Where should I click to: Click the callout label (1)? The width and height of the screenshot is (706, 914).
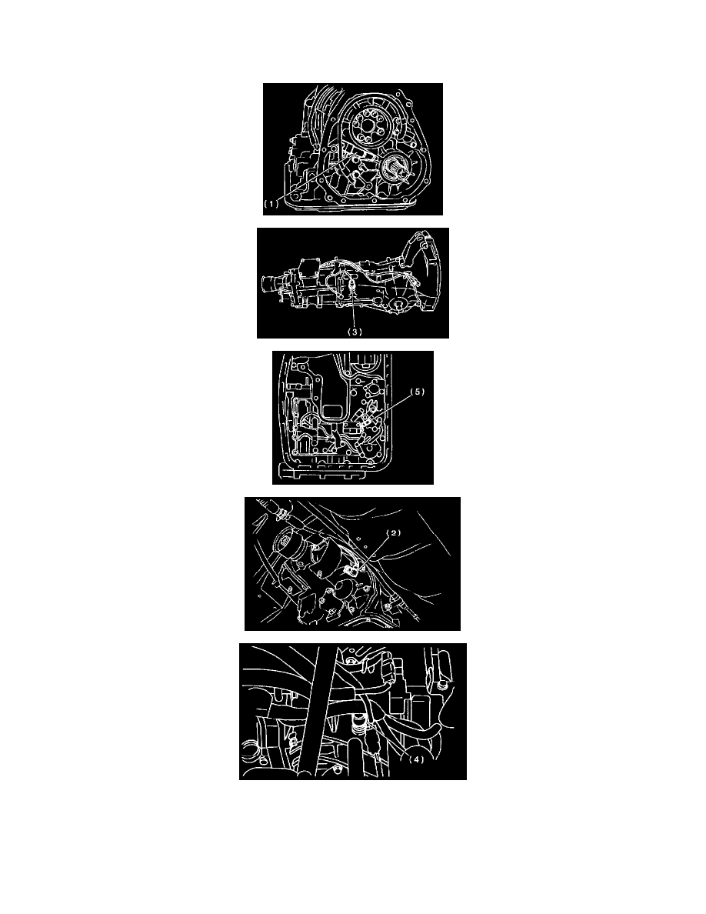(271, 204)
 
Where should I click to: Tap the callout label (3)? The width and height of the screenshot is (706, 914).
(355, 332)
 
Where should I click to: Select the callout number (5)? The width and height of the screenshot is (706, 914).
(418, 392)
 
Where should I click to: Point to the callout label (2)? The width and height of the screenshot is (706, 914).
(394, 532)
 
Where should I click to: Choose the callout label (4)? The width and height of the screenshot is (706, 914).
(416, 759)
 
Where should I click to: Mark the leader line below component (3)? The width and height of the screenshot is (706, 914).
(355, 310)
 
